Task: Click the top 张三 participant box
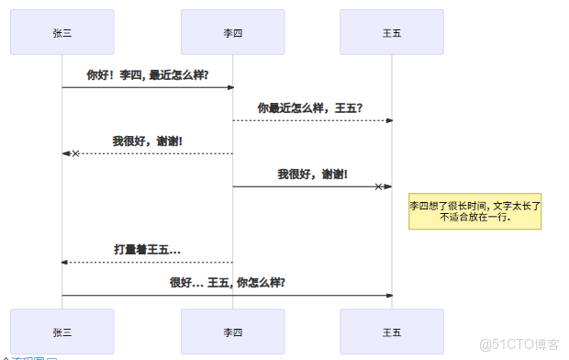pyautogui.click(x=62, y=32)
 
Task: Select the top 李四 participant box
pyautogui.click(x=233, y=32)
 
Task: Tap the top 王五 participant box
pyautogui.click(x=392, y=32)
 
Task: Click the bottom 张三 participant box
pyautogui.click(x=62, y=332)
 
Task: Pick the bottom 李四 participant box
pyautogui.click(x=233, y=332)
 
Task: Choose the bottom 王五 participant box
pyautogui.click(x=392, y=332)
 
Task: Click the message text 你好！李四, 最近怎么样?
pyautogui.click(x=147, y=75)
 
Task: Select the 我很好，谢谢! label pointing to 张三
pyautogui.click(x=147, y=141)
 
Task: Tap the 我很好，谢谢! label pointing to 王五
pyautogui.click(x=312, y=174)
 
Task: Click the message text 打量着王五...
pyautogui.click(x=147, y=249)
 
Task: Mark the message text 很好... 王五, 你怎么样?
pyautogui.click(x=227, y=282)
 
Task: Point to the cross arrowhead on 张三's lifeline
pyautogui.click(x=75, y=153)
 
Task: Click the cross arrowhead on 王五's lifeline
pyautogui.click(x=378, y=186)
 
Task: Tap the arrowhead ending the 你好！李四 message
pyautogui.click(x=230, y=88)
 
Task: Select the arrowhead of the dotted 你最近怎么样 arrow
pyautogui.click(x=389, y=120)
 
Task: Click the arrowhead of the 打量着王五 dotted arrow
pyautogui.click(x=65, y=263)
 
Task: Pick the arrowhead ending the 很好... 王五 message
pyautogui.click(x=389, y=295)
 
